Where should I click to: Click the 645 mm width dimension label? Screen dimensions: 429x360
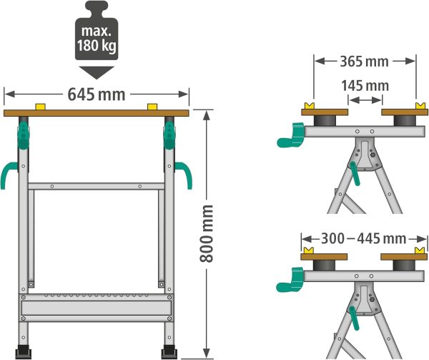click(x=97, y=94)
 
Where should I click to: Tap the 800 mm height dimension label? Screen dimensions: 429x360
click(x=207, y=233)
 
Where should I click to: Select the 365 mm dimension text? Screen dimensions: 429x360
click(x=364, y=62)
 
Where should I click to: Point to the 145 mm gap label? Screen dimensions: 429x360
click(x=365, y=86)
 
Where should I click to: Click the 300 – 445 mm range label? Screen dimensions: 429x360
click(x=364, y=239)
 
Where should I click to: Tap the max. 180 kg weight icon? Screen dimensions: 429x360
click(x=97, y=31)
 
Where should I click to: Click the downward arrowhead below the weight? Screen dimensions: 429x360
click(x=97, y=72)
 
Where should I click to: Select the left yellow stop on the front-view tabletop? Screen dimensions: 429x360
click(x=40, y=107)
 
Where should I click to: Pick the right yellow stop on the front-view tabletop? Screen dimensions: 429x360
click(x=152, y=107)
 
